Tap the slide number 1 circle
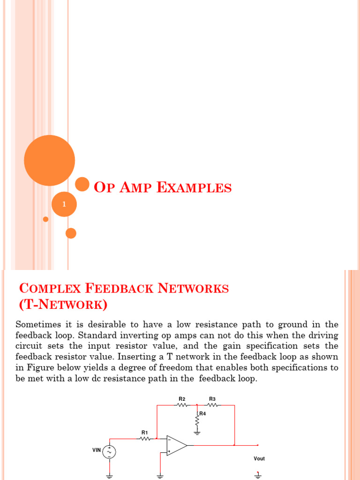tap(64, 204)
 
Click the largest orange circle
tap(49, 160)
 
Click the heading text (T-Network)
tap(63, 305)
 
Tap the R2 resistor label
tap(182, 399)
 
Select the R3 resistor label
tap(212, 399)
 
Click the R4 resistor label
tap(202, 413)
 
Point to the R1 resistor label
tap(144, 432)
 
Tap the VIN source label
tap(97, 450)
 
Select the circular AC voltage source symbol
tap(109, 452)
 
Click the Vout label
tap(259, 458)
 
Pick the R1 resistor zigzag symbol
tap(145, 439)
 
